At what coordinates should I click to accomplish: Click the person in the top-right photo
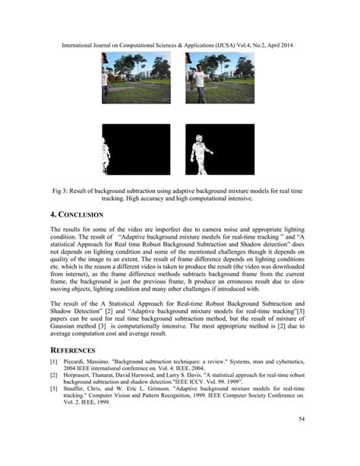tap(199, 82)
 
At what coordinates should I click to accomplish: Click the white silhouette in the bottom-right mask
tap(200, 155)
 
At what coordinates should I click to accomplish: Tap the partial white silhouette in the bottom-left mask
tap(106, 156)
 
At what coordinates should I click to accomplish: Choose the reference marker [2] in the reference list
tap(54, 374)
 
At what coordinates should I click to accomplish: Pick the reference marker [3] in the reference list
tap(54, 389)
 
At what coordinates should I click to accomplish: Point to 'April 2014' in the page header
tap(278, 46)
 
